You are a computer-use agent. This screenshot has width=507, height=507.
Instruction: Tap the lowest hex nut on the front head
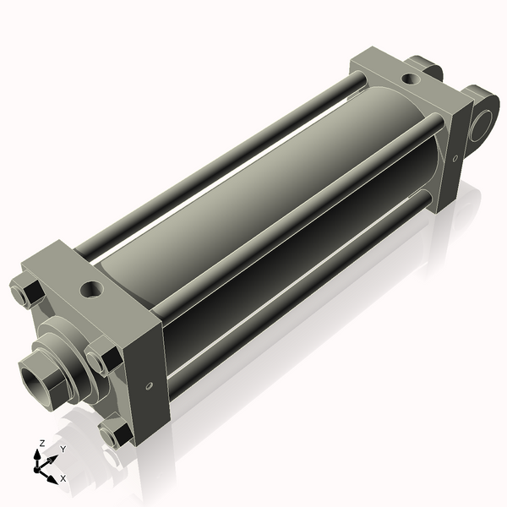coord(114,434)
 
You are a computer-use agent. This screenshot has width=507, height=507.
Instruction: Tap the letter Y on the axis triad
coord(63,450)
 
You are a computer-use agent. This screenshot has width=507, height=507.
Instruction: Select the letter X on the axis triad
coord(63,478)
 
